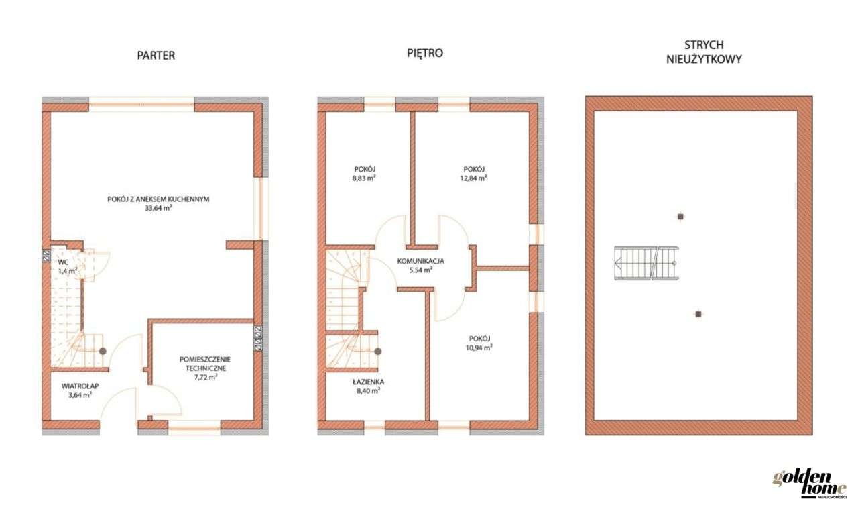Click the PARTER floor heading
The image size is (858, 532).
click(x=156, y=56)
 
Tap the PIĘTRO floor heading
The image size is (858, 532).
click(x=425, y=53)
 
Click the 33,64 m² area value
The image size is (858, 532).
click(x=158, y=208)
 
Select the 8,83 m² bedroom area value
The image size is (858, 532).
click(x=363, y=179)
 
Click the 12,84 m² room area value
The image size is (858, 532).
click(x=475, y=178)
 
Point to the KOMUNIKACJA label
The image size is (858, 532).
click(x=420, y=261)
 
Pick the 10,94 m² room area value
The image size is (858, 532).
click(x=481, y=348)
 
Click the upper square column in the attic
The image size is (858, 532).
click(x=680, y=217)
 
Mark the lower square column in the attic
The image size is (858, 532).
click(x=698, y=313)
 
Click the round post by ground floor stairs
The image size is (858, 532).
click(x=103, y=351)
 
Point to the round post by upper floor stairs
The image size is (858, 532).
click(x=378, y=351)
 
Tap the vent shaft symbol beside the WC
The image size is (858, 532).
click(x=46, y=254)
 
